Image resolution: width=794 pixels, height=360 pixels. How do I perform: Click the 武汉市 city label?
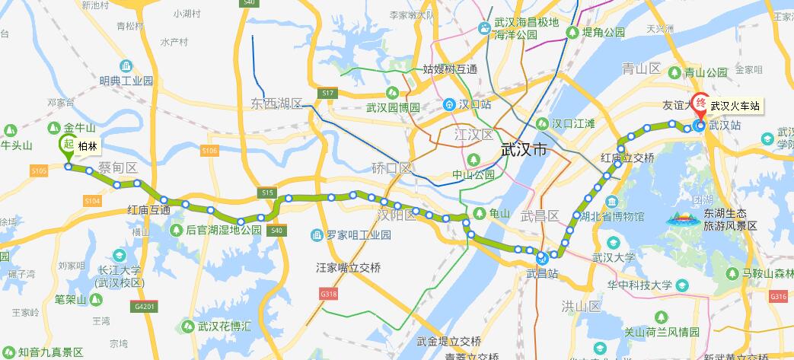[x=525, y=150]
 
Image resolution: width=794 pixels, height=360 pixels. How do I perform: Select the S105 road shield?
[x=40, y=171]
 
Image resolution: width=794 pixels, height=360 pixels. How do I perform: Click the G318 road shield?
[x=329, y=293]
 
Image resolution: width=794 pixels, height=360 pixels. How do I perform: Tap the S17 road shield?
[x=328, y=93]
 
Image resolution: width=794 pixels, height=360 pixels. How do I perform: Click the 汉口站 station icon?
[x=449, y=103]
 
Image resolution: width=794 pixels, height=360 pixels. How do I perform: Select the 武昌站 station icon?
[x=540, y=257]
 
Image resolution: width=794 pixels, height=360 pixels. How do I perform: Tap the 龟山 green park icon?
[x=480, y=213]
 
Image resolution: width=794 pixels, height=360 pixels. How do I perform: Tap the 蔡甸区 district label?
[x=117, y=167]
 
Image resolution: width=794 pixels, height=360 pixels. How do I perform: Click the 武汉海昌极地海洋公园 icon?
[x=484, y=28]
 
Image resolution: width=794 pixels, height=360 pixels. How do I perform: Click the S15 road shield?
[x=266, y=193]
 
